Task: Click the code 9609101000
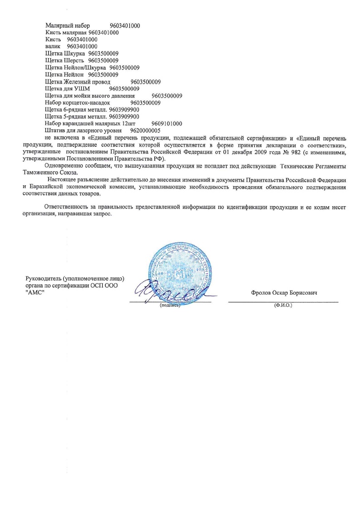point(167,124)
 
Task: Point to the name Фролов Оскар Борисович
point(284,293)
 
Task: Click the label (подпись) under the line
point(170,306)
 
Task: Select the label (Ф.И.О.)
point(283,306)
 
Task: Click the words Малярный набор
point(68,26)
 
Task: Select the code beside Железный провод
point(146,82)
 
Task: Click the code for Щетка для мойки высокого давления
point(167,96)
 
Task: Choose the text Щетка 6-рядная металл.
point(76,109)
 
